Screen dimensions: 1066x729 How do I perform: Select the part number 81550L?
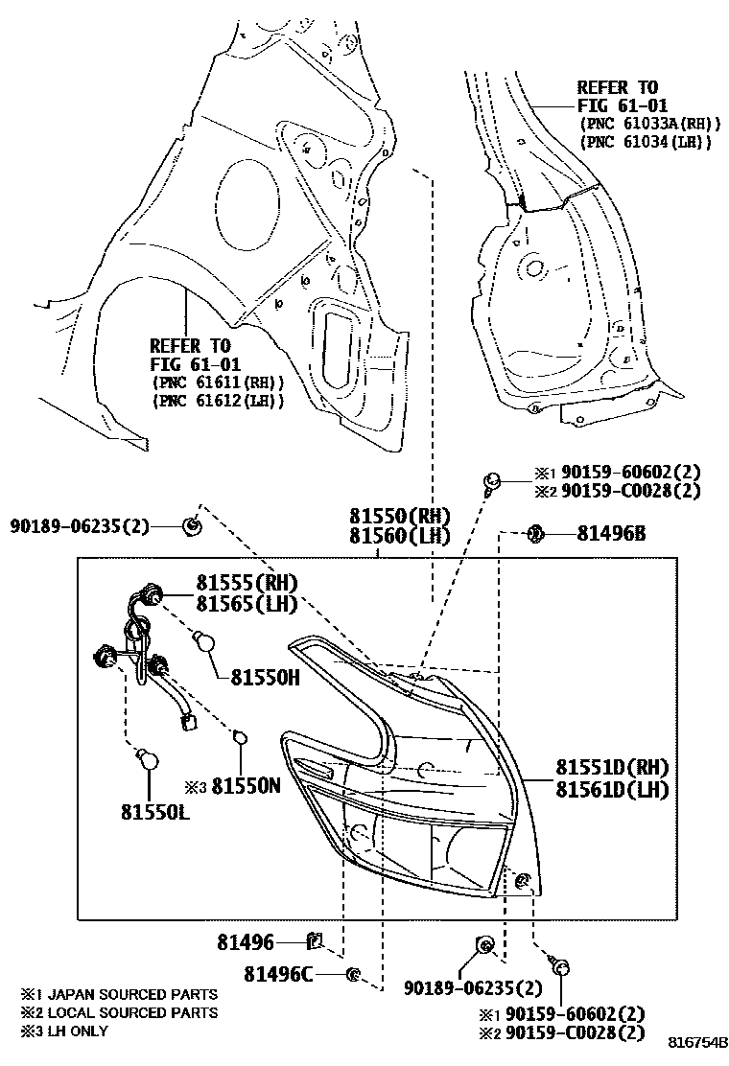pos(154,811)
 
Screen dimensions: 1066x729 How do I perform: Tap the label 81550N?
pos(246,785)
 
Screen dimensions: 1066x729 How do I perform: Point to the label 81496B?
pos(610,533)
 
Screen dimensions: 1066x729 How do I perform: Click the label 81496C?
pos(278,974)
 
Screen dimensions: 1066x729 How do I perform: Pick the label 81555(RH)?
pos(247,582)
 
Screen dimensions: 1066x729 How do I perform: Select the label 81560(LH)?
pos(399,536)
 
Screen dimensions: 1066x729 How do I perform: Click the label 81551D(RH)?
pos(612,768)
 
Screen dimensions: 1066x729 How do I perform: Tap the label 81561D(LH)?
pos(612,789)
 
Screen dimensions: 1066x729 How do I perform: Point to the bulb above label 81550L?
pos(146,759)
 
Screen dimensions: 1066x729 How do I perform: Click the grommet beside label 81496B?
pos(536,533)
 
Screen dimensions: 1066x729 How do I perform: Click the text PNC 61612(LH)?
pos(218,401)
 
